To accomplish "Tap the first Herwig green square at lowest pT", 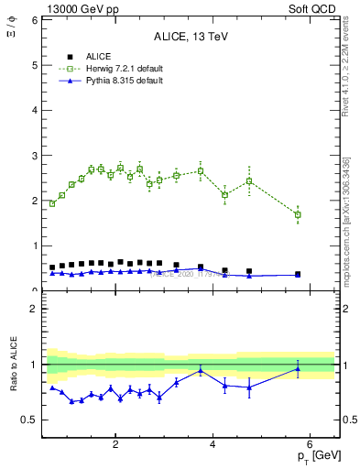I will pyautogui.click(x=52, y=203).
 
